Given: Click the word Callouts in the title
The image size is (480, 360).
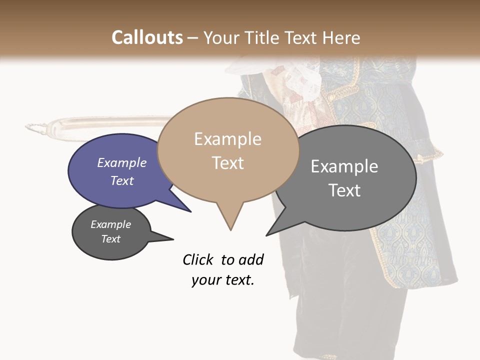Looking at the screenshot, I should (147, 37).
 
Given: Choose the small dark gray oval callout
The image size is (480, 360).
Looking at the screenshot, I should (111, 232).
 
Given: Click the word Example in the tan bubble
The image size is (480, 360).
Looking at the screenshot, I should (227, 139).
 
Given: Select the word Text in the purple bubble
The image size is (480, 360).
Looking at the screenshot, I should (122, 180).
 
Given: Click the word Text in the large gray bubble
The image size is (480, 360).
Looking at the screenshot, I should (344, 190).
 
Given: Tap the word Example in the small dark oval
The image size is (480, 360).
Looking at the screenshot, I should (111, 224).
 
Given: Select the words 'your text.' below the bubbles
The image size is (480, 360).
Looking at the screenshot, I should (223, 280).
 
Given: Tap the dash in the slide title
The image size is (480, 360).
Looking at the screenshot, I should (193, 38).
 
